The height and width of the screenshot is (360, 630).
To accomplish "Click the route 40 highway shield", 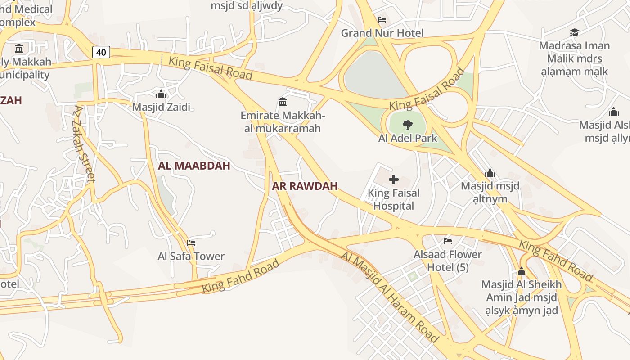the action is pyautogui.click(x=101, y=52).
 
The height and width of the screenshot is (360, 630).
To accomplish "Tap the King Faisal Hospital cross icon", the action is pyautogui.click(x=394, y=180).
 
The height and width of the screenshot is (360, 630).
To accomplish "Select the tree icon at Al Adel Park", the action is pyautogui.click(x=408, y=125).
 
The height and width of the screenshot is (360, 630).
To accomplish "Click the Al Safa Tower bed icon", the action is pyautogui.click(x=191, y=243).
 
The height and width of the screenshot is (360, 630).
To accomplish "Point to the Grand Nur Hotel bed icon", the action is pyautogui.click(x=382, y=20).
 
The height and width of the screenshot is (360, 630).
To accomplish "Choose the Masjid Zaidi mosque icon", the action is pyautogui.click(x=161, y=94).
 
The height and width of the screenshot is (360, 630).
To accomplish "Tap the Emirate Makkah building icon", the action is pyautogui.click(x=283, y=102).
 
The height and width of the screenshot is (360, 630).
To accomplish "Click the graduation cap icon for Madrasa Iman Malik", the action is pyautogui.click(x=574, y=32).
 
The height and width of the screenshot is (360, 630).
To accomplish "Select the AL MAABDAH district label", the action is pyautogui.click(x=194, y=166).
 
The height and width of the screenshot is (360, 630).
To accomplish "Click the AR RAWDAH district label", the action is pyautogui.click(x=305, y=186).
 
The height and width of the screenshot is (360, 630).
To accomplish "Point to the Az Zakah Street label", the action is pyautogui.click(x=85, y=143).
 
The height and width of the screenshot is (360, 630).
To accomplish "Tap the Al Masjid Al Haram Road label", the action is pyautogui.click(x=390, y=297).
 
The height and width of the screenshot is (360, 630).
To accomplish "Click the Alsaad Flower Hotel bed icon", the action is pyautogui.click(x=448, y=241).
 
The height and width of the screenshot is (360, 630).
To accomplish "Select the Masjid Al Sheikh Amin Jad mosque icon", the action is pyautogui.click(x=522, y=271).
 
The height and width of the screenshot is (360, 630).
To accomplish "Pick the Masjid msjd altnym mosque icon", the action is pyautogui.click(x=490, y=173).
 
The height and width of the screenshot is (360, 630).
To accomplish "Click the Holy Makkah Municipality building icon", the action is pyautogui.click(x=19, y=48).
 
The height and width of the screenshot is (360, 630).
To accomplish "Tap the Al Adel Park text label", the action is pyautogui.click(x=408, y=138).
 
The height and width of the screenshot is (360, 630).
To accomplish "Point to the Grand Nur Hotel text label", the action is pyautogui.click(x=382, y=33).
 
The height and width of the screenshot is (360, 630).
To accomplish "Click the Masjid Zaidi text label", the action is pyautogui.click(x=161, y=107).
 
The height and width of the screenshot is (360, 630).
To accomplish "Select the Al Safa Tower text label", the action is pyautogui.click(x=191, y=256).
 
